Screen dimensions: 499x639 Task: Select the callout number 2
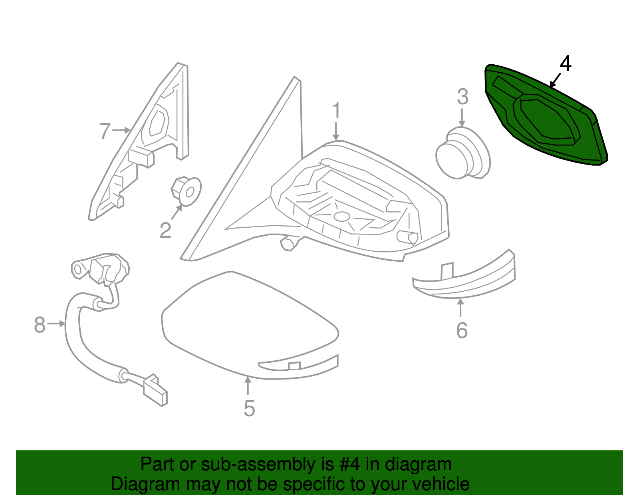pos(165,231)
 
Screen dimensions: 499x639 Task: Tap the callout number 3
pos(462,97)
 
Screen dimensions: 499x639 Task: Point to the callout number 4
pos(566,64)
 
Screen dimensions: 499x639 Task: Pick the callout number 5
pos(249,408)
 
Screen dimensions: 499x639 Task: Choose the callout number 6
pos(462,330)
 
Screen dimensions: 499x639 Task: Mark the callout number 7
pos(105,131)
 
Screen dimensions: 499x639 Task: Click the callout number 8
pos(40,324)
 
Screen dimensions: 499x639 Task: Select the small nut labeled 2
pos(187,190)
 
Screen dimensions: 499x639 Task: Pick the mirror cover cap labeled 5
pos(248,324)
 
